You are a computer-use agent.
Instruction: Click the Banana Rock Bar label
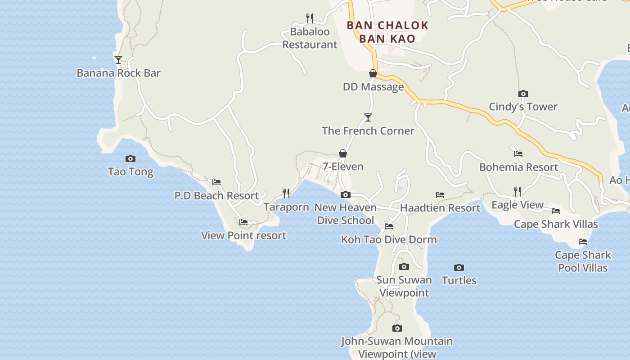point(118,73)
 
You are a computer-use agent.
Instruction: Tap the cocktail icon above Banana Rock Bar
point(118,59)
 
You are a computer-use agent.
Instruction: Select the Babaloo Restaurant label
point(310,38)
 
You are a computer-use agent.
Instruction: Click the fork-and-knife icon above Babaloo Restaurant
point(310,18)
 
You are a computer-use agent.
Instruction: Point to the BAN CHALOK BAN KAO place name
point(387,32)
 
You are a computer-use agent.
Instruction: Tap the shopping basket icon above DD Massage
point(373,73)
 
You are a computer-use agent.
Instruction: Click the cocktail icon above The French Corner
point(368,117)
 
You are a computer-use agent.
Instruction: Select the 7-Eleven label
point(343,166)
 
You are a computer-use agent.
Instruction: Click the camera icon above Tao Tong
point(130,158)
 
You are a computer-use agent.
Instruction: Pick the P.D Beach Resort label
point(216,196)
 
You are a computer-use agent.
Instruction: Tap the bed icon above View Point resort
point(243,222)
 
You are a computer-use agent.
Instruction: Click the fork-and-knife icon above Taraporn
point(286,193)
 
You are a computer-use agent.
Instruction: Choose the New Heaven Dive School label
point(345,214)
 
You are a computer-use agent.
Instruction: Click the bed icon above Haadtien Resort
point(440,195)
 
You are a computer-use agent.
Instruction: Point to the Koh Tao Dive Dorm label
point(389,239)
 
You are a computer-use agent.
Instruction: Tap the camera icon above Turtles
point(459,267)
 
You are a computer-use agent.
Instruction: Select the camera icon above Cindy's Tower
point(523,94)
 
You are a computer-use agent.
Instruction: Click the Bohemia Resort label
point(518,167)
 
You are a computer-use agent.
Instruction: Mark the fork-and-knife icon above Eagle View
point(517,192)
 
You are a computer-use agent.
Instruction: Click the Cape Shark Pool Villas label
point(583,261)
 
